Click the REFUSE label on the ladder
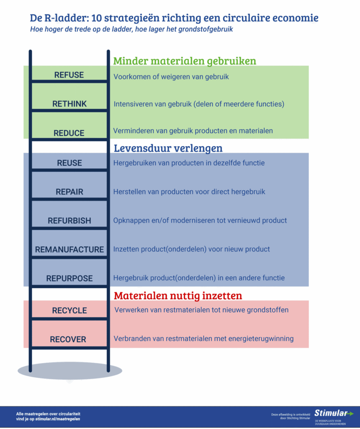tap(69, 75)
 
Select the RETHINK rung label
tap(69, 104)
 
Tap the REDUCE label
tap(69, 133)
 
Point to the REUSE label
tap(69, 163)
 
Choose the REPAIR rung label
tap(69, 192)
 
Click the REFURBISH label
tap(69, 221)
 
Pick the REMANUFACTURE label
tap(69, 250)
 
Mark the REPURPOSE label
tap(69, 279)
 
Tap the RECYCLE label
tap(69, 310)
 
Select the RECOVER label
tap(68, 339)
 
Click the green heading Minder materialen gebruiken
tap(185, 61)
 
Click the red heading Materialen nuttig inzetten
tap(178, 296)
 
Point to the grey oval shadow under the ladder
tap(69, 370)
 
